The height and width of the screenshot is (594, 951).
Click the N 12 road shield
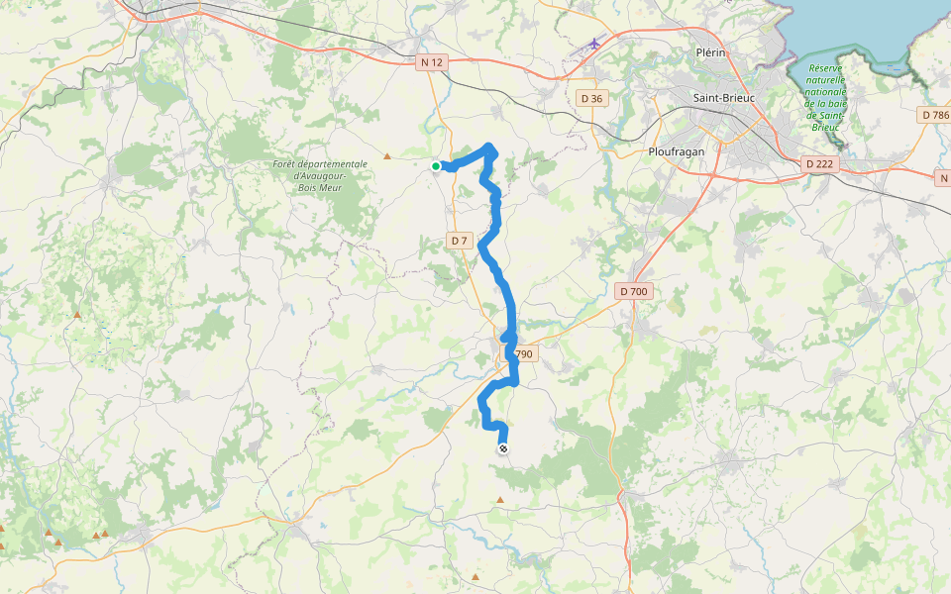pos(432,62)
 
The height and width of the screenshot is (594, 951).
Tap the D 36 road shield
pos(591,97)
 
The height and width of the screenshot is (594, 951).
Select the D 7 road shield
pos(459,241)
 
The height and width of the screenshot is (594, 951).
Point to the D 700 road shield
pos(633,291)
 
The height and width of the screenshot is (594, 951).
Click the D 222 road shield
pos(818,163)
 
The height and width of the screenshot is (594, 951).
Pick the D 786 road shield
pos(935,115)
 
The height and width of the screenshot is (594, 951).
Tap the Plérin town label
pos(712,52)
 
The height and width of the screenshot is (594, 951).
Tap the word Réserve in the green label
pos(823,68)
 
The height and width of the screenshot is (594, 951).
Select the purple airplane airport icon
pos(594,43)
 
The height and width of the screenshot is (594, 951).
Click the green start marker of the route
pos(436,166)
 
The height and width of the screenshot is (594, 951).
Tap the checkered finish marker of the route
pos(503,449)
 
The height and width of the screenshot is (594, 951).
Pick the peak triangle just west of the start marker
pos(387,155)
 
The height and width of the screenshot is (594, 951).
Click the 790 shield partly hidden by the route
pos(524,354)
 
